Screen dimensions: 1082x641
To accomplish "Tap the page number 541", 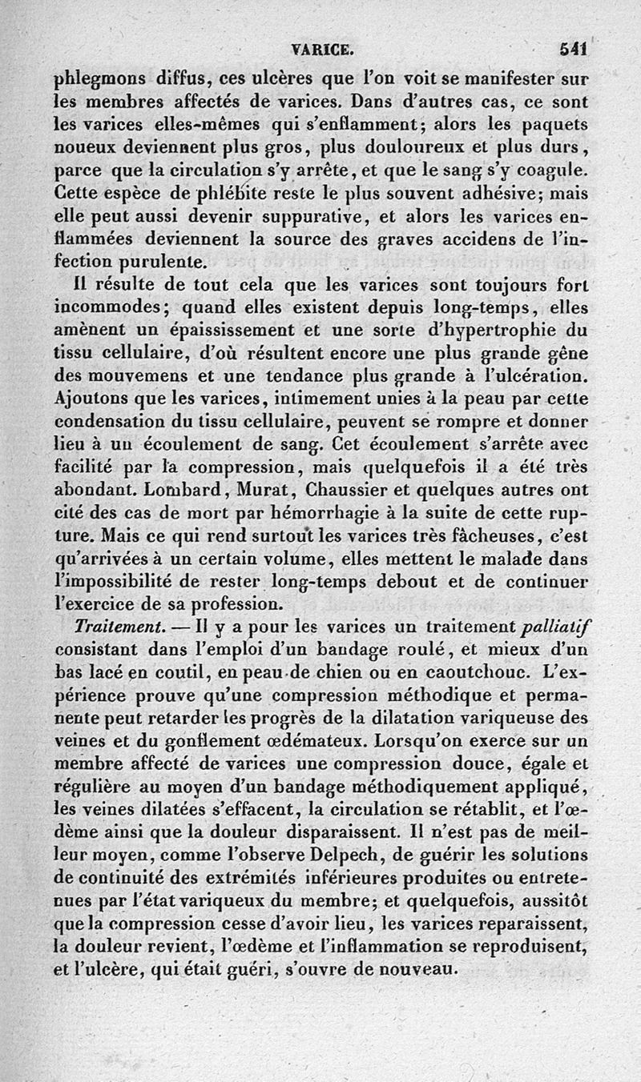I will pyautogui.click(x=574, y=50).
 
